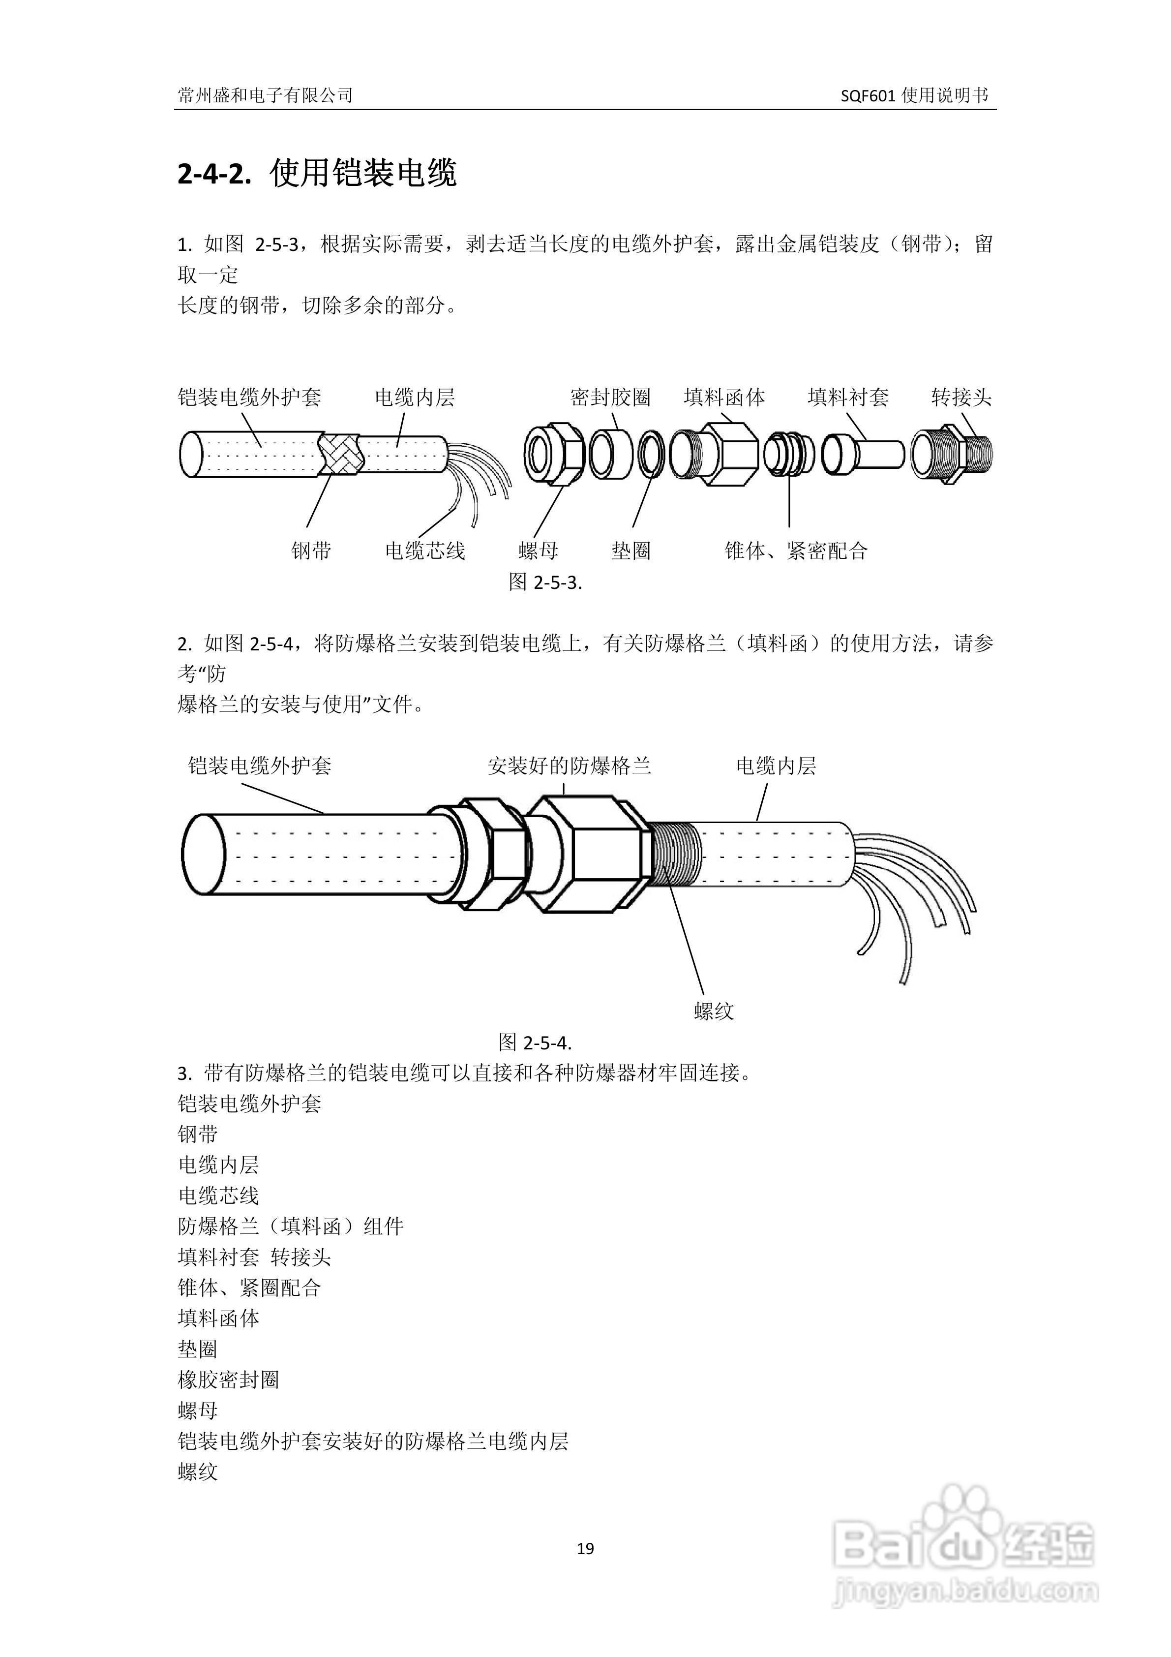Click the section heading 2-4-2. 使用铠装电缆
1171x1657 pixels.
[317, 174]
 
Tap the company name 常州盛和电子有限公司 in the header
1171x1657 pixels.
[265, 95]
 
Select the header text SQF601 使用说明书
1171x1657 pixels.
[914, 95]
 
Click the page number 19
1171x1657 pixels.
[585, 1548]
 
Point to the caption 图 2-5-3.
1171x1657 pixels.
[545, 583]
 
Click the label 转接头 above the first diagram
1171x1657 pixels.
[961, 398]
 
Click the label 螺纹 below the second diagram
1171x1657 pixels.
[714, 1011]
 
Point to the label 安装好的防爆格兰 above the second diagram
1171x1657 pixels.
[569, 766]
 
